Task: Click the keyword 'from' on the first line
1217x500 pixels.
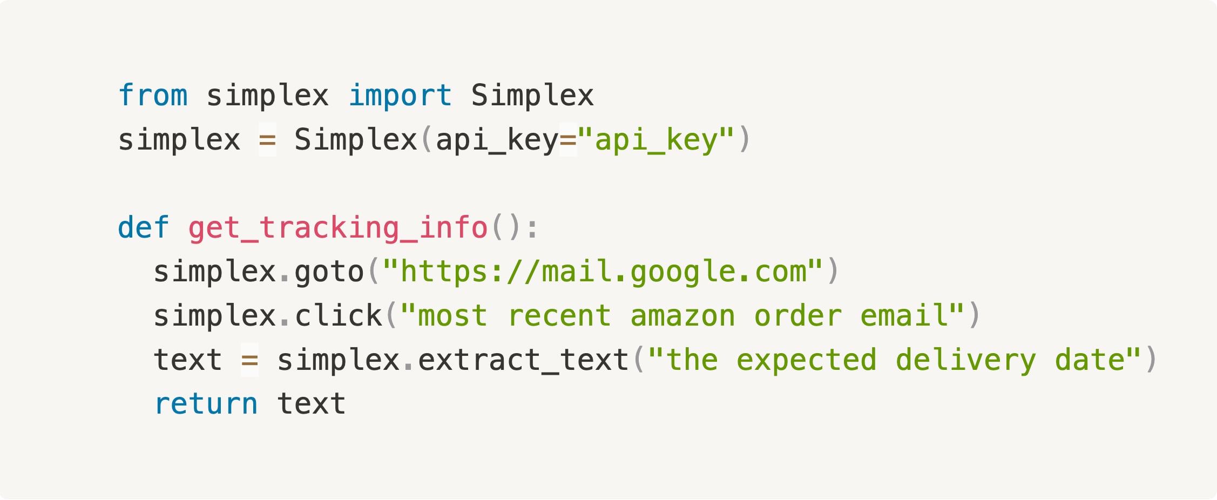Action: [153, 96]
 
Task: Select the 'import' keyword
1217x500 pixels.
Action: [400, 96]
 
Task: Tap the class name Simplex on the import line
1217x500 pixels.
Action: [532, 96]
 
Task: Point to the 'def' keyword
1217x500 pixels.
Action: [144, 227]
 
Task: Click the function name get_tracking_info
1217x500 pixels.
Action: [338, 227]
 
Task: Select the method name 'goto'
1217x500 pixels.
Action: [329, 272]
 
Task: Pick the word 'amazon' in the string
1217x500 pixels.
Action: [682, 316]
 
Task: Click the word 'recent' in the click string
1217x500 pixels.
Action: [559, 316]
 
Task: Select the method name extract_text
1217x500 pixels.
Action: [523, 360]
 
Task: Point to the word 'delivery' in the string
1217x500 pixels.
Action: [965, 360]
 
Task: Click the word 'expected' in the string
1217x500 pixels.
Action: [806, 360]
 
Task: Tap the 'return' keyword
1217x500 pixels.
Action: [206, 404]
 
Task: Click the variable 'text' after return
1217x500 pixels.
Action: [311, 404]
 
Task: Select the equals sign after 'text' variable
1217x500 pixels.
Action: [249, 360]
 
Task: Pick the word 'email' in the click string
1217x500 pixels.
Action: [903, 316]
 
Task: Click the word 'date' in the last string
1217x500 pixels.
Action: [1090, 360]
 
